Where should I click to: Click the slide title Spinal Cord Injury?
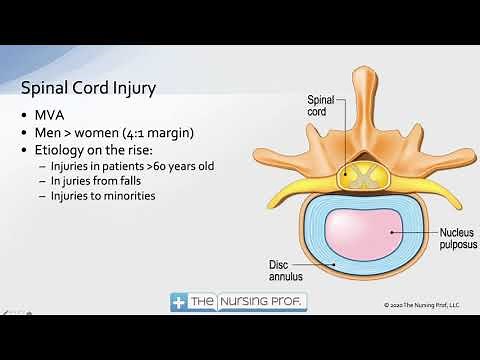coord(91,89)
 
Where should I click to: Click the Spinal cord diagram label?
coord(320,106)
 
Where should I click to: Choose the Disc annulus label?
coord(285,271)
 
